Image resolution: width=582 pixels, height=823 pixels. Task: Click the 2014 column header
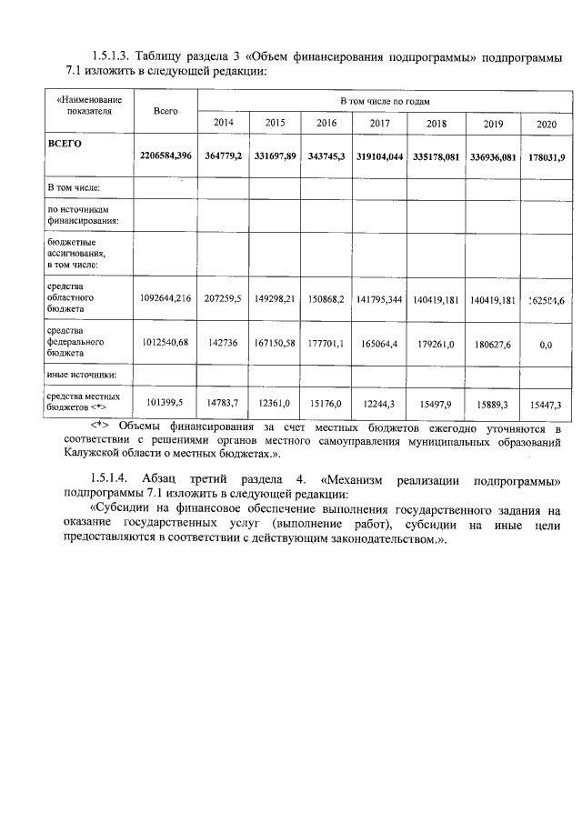[x=223, y=122]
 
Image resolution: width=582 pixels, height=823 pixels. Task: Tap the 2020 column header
[x=546, y=123]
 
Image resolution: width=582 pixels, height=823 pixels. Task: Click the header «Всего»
[x=166, y=110]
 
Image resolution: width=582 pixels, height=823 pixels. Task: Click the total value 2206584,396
[x=166, y=156]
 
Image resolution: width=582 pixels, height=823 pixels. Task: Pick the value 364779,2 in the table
[x=223, y=156]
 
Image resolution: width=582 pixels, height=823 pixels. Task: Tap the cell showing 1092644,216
[x=166, y=298]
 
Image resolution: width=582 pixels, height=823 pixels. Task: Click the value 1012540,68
[x=166, y=344]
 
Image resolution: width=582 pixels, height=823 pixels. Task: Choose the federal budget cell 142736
[x=223, y=344]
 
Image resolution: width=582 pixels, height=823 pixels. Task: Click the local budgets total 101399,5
[x=166, y=403]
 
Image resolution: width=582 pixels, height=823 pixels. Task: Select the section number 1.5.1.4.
[x=113, y=478]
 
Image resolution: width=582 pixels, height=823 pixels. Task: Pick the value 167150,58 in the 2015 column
[x=275, y=344]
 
